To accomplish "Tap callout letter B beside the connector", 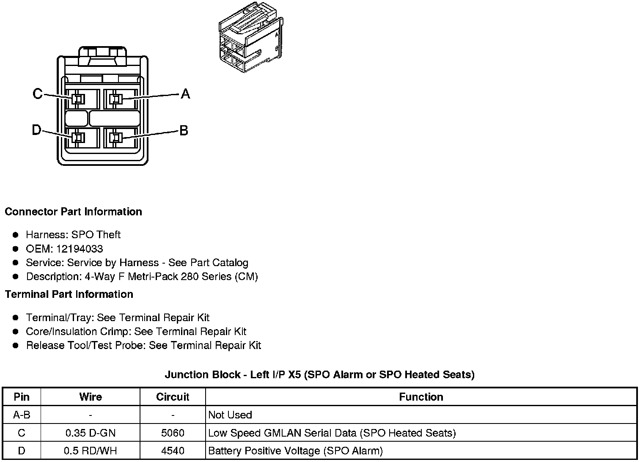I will [184, 130].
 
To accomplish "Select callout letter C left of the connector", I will [38, 93].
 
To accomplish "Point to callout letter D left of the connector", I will [37, 130].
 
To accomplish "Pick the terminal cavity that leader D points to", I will [78, 137].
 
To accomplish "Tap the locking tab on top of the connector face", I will [102, 56].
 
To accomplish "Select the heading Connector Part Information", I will [73, 212].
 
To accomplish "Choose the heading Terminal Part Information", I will [69, 294].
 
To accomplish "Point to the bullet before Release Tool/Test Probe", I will [16, 345].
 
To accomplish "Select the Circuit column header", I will [173, 397].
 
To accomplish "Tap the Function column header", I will [421, 397].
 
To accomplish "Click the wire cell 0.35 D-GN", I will [91, 433].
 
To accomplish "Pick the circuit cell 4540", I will [173, 451].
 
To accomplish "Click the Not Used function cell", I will [231, 415].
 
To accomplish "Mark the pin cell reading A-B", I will [22, 415].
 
